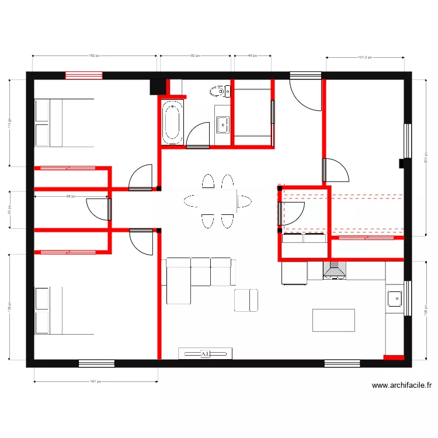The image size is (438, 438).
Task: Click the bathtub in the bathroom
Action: click(x=172, y=122)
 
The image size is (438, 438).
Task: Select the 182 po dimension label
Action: click(x=93, y=56)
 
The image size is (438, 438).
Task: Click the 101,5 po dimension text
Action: click(x=364, y=57)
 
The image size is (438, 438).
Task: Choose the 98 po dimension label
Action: click(x=71, y=196)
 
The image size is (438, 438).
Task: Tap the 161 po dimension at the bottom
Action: click(x=95, y=382)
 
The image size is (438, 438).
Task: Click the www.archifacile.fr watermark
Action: click(x=402, y=385)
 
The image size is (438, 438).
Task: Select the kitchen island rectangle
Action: click(x=333, y=320)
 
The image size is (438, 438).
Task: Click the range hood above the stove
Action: click(x=334, y=270)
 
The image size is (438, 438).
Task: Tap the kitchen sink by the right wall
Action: click(x=394, y=298)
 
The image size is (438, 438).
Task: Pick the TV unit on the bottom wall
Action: click(x=205, y=353)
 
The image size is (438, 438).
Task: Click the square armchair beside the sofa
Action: click(x=246, y=300)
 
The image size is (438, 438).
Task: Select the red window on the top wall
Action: click(x=84, y=75)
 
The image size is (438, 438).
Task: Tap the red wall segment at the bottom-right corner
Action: click(x=394, y=357)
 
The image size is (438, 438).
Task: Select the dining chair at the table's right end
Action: click(x=245, y=201)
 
